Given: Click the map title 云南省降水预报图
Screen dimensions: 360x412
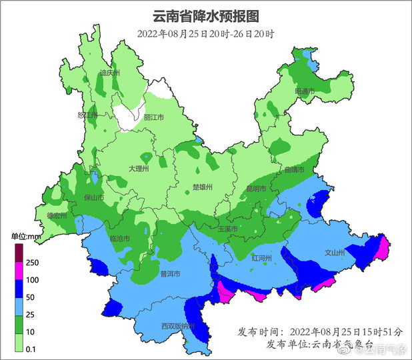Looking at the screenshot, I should tap(205, 16).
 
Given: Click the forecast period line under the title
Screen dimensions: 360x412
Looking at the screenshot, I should tap(205, 34).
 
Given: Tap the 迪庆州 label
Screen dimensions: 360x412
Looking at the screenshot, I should tap(109, 73).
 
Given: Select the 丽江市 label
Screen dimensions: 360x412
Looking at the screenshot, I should tap(154, 117).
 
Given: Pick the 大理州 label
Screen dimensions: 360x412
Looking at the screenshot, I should tap(138, 169).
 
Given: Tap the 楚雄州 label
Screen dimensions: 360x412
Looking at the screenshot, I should tap(201, 187).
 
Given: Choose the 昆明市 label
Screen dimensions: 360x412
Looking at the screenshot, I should tap(256, 189).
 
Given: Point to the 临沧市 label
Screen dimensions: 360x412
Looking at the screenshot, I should tap(119, 238).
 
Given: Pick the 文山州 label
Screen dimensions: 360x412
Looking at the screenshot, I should tap(334, 253).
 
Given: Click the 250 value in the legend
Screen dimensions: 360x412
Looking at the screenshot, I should tap(32, 263).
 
